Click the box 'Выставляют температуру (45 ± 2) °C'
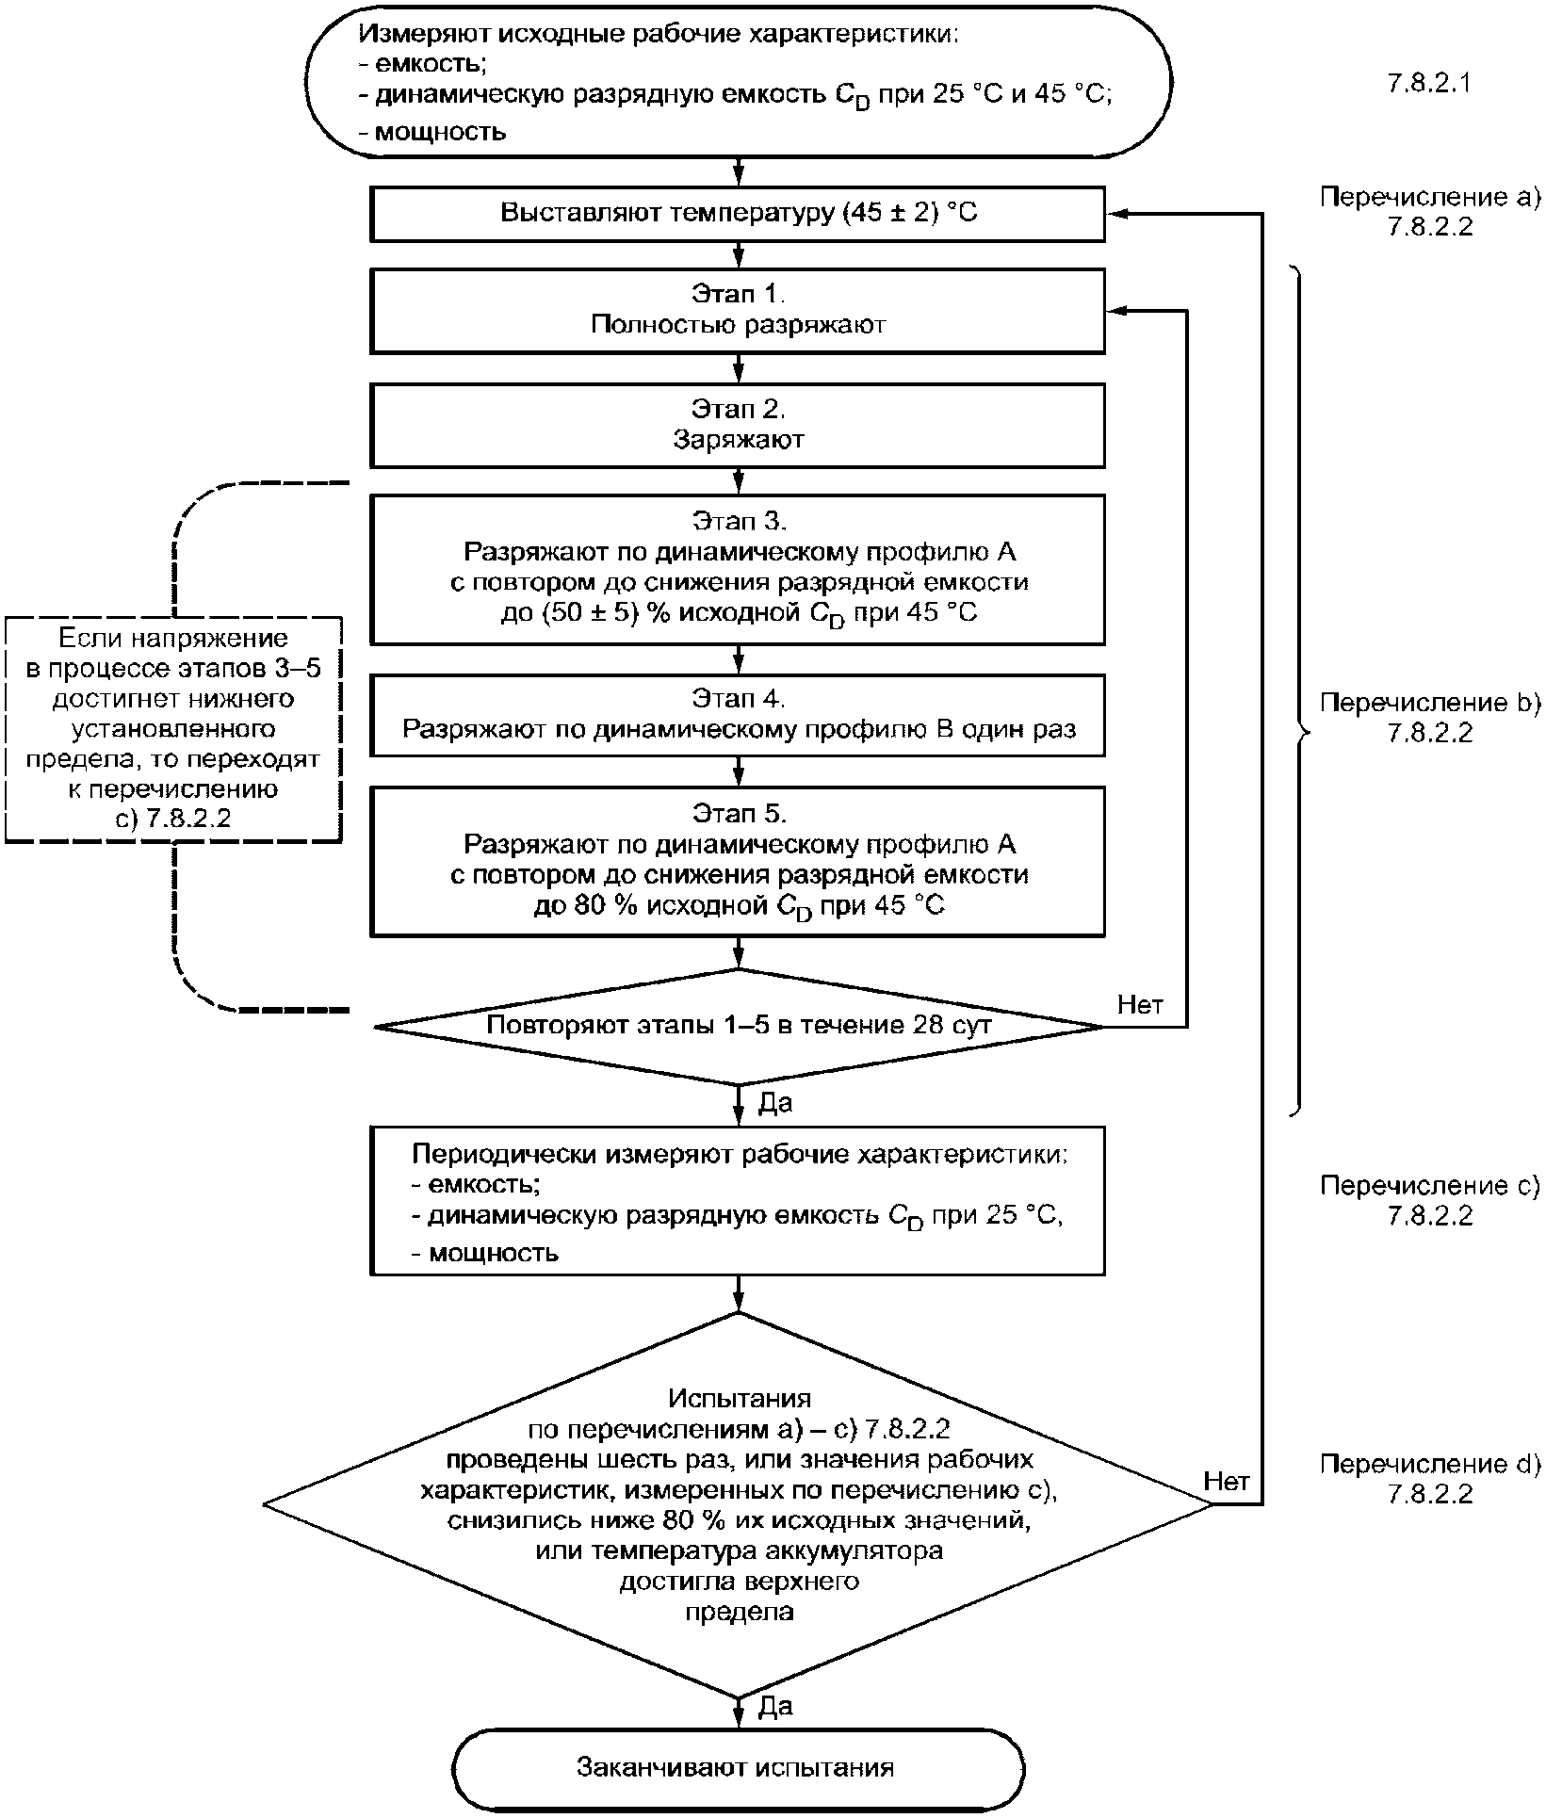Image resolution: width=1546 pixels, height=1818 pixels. click(x=738, y=214)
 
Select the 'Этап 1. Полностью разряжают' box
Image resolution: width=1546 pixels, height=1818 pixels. click(x=738, y=311)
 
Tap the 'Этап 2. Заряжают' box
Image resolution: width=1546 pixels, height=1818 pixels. click(x=738, y=425)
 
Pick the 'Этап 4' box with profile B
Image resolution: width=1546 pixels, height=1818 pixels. click(x=738, y=715)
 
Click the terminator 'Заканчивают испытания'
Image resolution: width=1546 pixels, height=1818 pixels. click(x=738, y=1768)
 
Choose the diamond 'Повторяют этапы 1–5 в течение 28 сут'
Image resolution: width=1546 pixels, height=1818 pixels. click(x=738, y=1026)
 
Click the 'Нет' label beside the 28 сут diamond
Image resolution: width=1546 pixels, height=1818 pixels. click(x=1140, y=1004)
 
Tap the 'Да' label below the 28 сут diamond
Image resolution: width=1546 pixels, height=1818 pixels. click(x=775, y=1103)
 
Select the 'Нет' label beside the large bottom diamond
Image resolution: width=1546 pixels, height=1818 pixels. click(x=1227, y=1482)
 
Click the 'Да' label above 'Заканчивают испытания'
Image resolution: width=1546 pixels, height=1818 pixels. click(x=775, y=1707)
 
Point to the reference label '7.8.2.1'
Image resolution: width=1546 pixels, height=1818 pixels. click(x=1429, y=84)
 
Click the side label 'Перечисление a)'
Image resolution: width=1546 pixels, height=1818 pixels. click(x=1429, y=198)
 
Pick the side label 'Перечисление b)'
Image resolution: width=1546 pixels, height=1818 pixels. click(x=1429, y=703)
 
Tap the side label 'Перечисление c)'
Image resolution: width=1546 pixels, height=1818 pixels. click(x=1429, y=1186)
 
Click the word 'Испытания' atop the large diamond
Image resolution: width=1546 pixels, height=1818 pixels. click(x=740, y=1398)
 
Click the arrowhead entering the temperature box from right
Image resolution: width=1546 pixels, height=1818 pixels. click(x=1115, y=214)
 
